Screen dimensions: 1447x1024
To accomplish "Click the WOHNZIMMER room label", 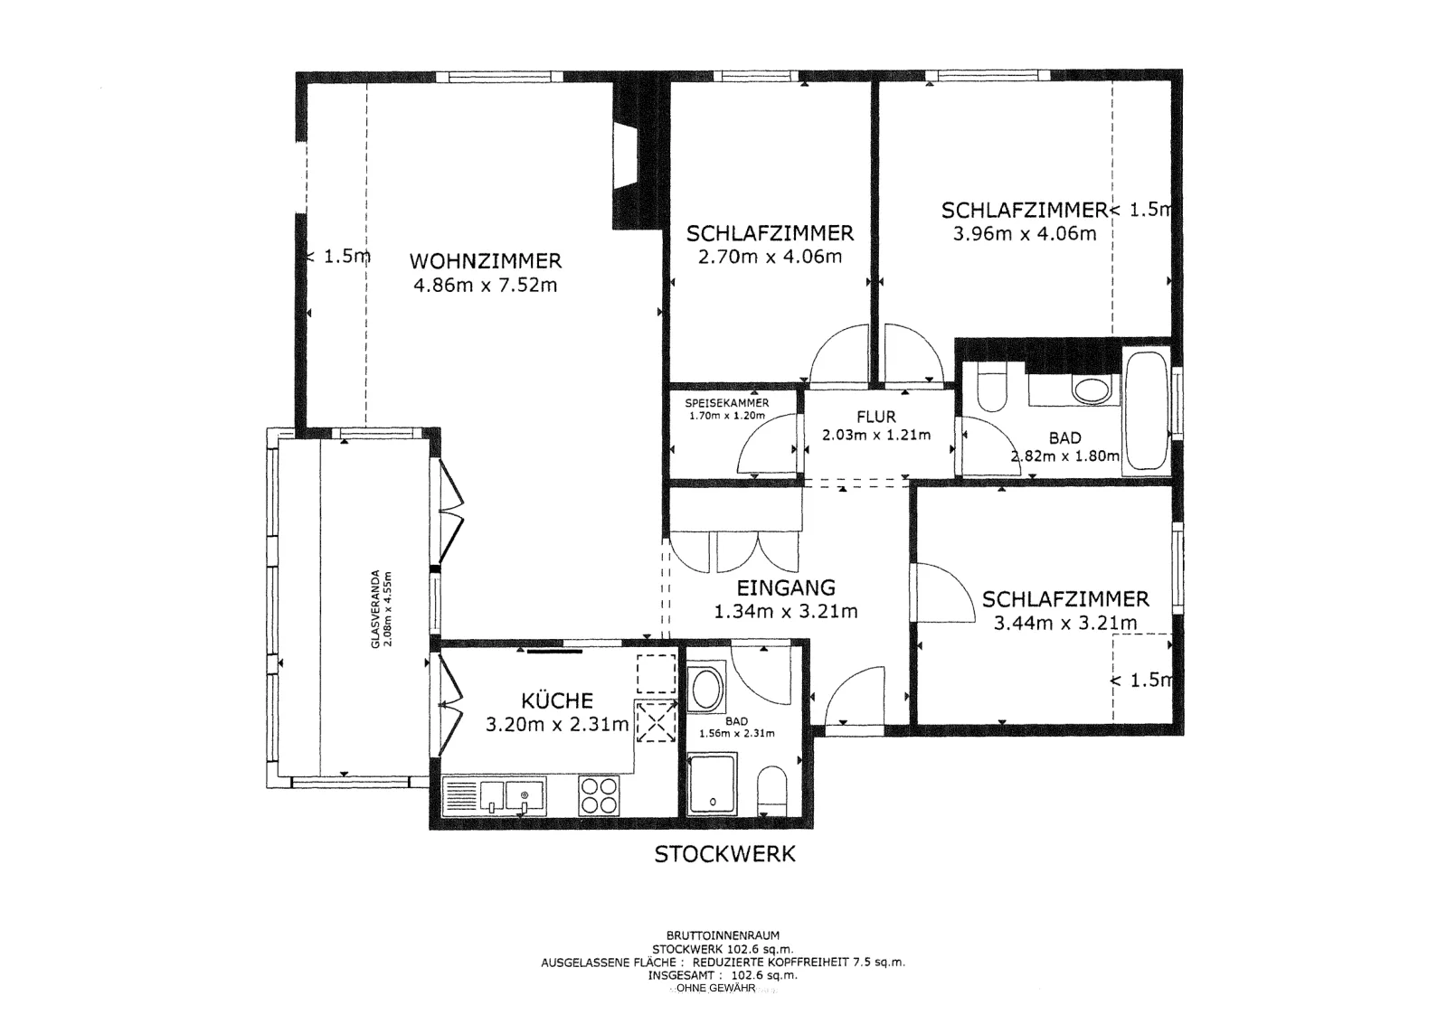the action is [485, 261].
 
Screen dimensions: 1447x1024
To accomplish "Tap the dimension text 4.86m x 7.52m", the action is [485, 285].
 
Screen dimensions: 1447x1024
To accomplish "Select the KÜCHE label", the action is [557, 700].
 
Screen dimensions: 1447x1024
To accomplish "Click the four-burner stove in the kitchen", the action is [599, 794].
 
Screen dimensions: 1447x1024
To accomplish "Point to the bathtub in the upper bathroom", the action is [1147, 410].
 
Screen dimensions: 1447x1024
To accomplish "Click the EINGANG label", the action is [786, 587].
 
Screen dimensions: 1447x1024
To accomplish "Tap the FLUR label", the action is [876, 417].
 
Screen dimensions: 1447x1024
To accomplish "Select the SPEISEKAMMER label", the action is [727, 403].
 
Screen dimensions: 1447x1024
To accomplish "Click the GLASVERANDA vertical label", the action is [374, 609].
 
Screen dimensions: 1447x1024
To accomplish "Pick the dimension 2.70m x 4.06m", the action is [770, 257].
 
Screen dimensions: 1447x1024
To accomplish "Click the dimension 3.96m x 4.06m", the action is [1025, 233].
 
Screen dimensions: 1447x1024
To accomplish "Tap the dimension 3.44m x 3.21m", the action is [1065, 623].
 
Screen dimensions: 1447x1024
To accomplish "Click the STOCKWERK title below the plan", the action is [724, 854].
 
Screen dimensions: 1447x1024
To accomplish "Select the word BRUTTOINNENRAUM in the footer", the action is [723, 935].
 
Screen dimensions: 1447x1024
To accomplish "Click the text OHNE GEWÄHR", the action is [715, 989].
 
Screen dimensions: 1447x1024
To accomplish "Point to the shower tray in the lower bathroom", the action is [713, 785].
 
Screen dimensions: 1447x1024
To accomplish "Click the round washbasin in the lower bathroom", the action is [706, 690].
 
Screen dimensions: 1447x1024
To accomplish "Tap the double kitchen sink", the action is [513, 796].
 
